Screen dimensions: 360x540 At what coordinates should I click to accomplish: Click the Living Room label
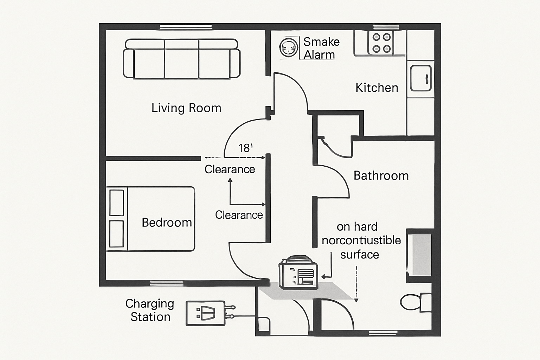186,108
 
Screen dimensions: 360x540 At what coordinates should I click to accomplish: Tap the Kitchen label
377,88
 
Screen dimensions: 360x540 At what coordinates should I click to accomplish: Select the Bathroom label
381,175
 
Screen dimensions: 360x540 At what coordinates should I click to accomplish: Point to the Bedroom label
167,223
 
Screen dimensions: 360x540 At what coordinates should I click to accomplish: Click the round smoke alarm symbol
289,48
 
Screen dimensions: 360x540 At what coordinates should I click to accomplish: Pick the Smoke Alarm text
321,48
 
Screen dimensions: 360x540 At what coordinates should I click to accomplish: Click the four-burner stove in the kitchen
381,43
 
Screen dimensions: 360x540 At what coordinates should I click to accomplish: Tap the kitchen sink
420,78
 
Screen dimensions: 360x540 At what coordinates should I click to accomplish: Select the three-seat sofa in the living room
181,59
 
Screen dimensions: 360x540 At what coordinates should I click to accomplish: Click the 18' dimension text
245,148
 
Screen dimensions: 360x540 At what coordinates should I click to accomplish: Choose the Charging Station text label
150,310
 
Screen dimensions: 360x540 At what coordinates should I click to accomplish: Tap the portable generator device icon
298,272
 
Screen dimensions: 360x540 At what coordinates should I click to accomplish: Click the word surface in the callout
359,255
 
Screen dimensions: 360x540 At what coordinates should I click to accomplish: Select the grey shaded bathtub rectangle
421,255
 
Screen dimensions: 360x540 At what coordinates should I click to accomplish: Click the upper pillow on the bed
117,202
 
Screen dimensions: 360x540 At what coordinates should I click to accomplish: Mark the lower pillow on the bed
117,234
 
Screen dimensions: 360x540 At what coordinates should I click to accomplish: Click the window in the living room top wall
186,27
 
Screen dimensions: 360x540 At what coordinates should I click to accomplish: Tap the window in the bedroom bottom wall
167,283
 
